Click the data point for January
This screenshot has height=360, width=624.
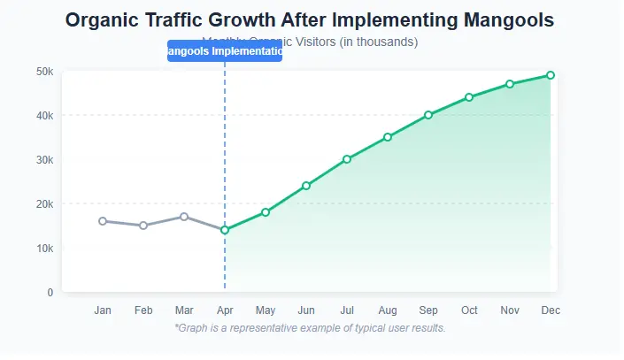point(103,221)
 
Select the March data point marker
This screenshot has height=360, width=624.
point(184,217)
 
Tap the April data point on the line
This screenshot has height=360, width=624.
point(225,230)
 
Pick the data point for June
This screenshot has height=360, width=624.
point(306,186)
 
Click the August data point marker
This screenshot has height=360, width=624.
point(388,137)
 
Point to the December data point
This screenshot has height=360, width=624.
point(551,75)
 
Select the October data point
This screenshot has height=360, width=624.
point(469,97)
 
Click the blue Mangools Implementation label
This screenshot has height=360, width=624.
point(225,51)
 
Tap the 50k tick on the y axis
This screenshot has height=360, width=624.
point(43,71)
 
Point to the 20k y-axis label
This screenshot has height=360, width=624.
point(43,203)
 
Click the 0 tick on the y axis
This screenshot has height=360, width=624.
point(50,292)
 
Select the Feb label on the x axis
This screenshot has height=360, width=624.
point(143,310)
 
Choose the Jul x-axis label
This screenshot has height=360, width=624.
point(347,310)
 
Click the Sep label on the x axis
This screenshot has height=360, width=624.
point(428,310)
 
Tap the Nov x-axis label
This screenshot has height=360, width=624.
point(510,310)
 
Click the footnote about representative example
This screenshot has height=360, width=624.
point(310,328)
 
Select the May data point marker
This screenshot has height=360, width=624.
point(266,212)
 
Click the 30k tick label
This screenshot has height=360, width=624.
point(43,159)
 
